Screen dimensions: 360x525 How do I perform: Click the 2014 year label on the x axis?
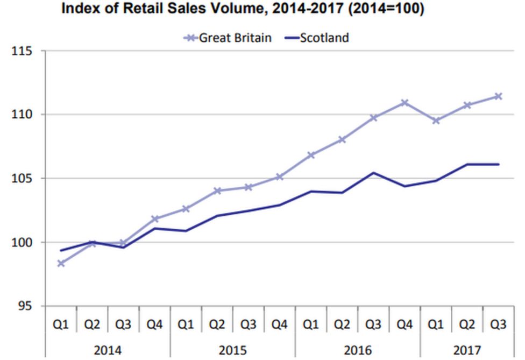(x=108, y=350)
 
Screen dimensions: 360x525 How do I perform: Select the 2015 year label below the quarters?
(x=233, y=350)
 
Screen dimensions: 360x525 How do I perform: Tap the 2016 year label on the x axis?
(x=358, y=350)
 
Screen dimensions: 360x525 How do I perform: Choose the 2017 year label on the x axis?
(x=467, y=350)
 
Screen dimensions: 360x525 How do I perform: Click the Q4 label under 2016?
(x=405, y=326)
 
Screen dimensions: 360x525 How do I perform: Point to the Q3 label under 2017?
(x=498, y=326)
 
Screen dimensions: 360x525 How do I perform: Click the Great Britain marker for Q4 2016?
(x=405, y=102)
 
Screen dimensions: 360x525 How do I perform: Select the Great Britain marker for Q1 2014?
(x=61, y=263)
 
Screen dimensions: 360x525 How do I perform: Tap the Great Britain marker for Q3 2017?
(x=498, y=96)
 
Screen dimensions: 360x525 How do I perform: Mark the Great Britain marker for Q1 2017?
(x=436, y=121)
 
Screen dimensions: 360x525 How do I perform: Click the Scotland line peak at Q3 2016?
(x=374, y=173)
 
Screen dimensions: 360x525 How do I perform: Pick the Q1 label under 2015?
(x=186, y=326)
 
